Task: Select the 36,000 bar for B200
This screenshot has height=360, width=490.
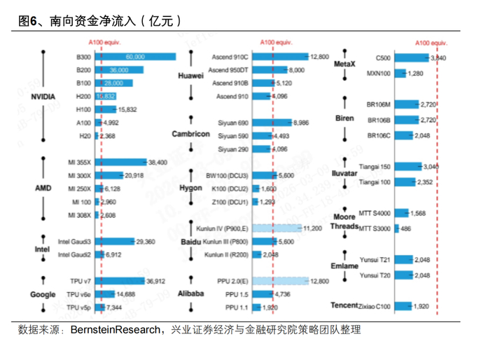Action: coord(119,70)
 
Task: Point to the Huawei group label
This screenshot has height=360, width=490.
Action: coord(190,76)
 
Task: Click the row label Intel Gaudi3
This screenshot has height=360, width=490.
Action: coord(76,242)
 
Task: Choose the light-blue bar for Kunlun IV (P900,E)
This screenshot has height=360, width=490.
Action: coord(276,228)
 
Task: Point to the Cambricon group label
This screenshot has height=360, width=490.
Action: coord(190,134)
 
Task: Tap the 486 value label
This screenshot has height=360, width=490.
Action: coord(406,228)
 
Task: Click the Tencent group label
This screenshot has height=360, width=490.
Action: coord(345,305)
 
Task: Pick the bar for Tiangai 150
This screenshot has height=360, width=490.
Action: coord(407,167)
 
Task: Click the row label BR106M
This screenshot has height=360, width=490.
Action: coord(378,104)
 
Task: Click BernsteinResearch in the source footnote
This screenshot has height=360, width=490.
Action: coord(115,329)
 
